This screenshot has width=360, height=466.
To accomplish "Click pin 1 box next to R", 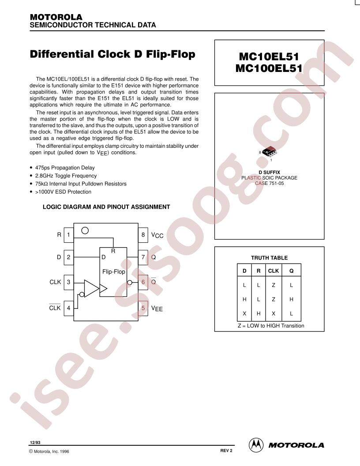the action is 69,235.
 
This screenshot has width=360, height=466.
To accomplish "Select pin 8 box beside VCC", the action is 143,235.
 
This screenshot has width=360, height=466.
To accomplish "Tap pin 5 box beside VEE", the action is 143,308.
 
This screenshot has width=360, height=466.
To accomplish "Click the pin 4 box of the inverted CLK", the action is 69,308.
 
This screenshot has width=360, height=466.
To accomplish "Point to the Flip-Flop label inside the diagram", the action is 114,272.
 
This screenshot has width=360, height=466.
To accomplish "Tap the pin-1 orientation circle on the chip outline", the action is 85,230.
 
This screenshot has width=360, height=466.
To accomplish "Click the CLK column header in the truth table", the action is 273,271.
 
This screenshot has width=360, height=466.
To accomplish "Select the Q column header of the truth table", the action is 291,271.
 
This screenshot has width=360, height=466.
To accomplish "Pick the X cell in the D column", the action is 244,314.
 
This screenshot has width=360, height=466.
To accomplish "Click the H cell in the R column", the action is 259,314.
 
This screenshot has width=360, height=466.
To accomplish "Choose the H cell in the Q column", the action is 291,299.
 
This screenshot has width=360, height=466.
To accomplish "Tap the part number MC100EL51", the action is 269,68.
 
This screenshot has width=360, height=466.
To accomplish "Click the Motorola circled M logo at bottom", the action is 256,445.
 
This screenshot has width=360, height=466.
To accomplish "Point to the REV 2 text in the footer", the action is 226,451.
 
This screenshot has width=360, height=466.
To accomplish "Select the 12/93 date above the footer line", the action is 35,443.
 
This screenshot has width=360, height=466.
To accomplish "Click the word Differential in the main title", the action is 62,54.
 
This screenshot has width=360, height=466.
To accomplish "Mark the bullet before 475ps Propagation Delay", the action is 31,168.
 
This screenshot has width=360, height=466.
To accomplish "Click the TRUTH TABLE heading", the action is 270,258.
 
